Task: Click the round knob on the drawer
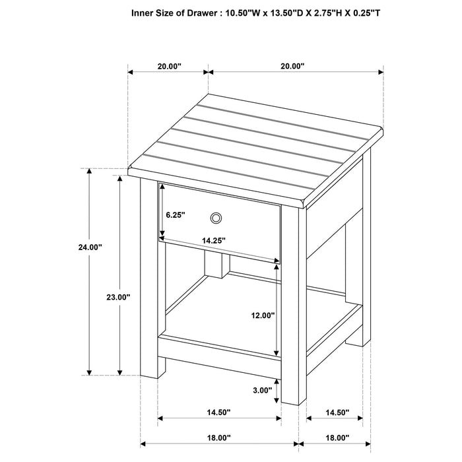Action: (x=215, y=218)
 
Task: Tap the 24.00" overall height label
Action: (x=90, y=247)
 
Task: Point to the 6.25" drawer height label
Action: (x=176, y=215)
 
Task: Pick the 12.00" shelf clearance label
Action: (x=262, y=315)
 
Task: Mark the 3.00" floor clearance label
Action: (x=262, y=390)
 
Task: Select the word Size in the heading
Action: (x=170, y=12)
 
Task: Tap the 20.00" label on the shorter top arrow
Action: (x=169, y=66)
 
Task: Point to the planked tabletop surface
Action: (x=257, y=148)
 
